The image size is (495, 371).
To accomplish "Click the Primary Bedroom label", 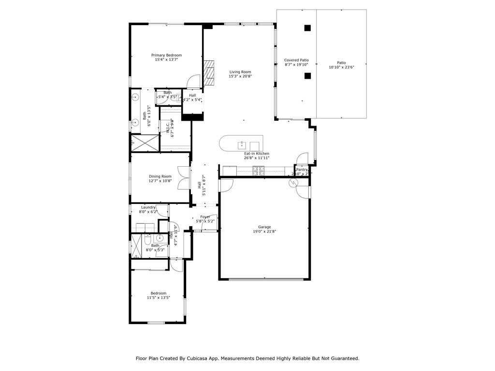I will click(x=166, y=55).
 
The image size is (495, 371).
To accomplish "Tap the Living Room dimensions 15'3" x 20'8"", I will click(x=240, y=76).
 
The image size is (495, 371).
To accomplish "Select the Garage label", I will click(x=264, y=227).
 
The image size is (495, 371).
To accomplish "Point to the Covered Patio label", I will click(x=296, y=60).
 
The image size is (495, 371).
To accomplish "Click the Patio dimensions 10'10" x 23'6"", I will click(x=341, y=68).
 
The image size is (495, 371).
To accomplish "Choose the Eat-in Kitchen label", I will click(x=257, y=154).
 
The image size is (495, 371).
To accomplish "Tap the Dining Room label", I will click(x=160, y=176).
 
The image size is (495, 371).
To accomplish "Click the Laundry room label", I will click(x=148, y=207).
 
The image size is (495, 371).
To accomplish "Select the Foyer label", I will click(x=205, y=217).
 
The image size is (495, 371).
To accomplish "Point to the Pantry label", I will click(x=302, y=170).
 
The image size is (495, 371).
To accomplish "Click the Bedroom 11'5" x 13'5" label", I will click(x=158, y=293).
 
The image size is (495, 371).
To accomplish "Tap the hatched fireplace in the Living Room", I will click(x=208, y=72).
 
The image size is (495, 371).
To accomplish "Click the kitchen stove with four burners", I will click(x=259, y=170).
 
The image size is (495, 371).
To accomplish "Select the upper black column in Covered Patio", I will click(x=307, y=28).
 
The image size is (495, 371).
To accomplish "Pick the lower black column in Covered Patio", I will click(x=307, y=76).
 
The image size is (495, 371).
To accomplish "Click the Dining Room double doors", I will click(x=183, y=178).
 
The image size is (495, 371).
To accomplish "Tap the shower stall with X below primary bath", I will click(x=145, y=143).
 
